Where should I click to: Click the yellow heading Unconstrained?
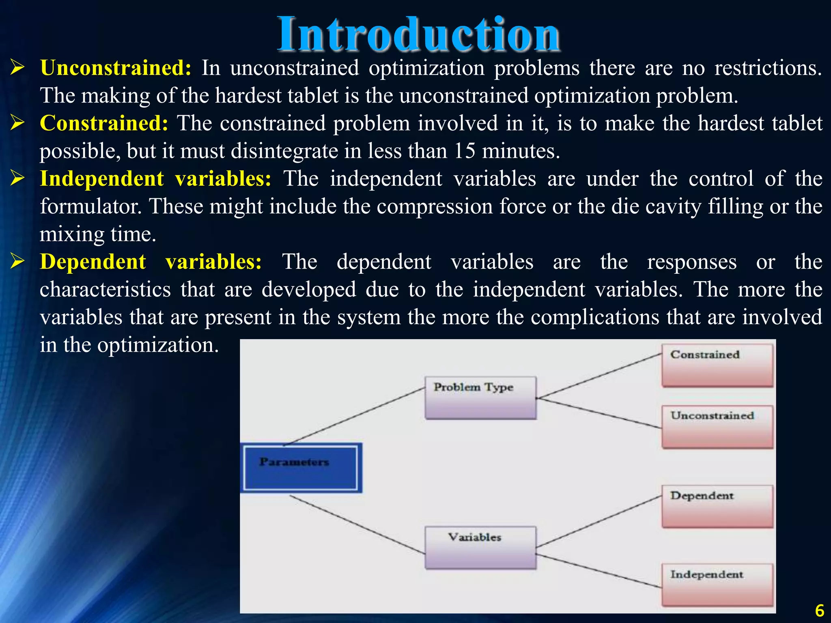coord(116,68)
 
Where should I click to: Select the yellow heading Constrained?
coord(104,123)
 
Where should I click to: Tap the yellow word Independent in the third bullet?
coord(102,179)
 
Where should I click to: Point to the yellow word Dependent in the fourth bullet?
coord(93,262)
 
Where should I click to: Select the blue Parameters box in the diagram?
coord(301,468)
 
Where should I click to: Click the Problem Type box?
coord(480,397)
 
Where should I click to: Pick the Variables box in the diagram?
coord(480,547)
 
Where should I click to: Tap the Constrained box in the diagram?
coord(717,365)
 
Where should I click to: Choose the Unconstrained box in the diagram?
coord(717,427)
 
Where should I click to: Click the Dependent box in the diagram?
coord(717,506)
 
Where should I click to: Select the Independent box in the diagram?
coord(717,584)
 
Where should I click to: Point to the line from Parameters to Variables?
coord(357,525)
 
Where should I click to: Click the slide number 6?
coord(819,610)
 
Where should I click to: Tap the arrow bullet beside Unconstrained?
coord(18,67)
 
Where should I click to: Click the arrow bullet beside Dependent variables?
coord(18,262)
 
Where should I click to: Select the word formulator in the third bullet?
coord(91,206)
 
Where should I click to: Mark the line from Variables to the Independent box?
coord(598,571)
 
